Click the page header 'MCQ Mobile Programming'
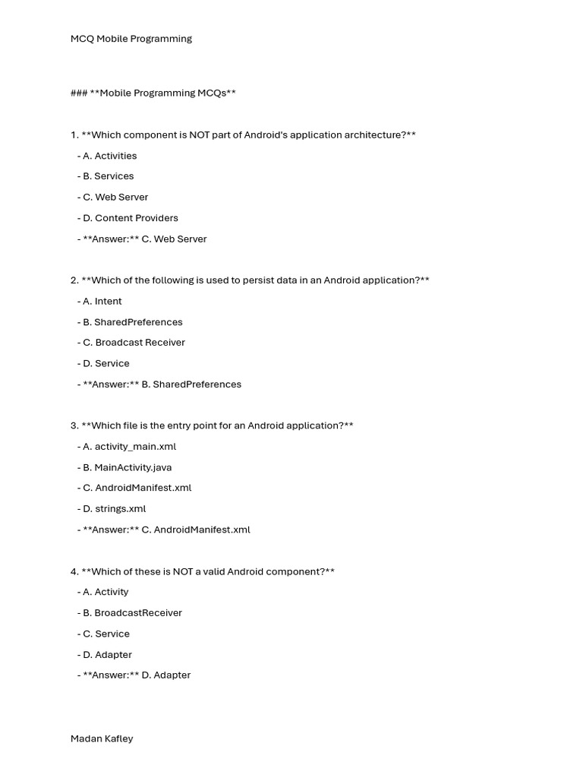point(131,39)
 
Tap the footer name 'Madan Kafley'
point(102,738)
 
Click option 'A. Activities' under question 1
point(109,156)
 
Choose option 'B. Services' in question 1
point(108,176)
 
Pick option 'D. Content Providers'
point(130,218)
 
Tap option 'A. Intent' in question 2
point(102,301)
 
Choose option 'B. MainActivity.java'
point(127,467)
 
